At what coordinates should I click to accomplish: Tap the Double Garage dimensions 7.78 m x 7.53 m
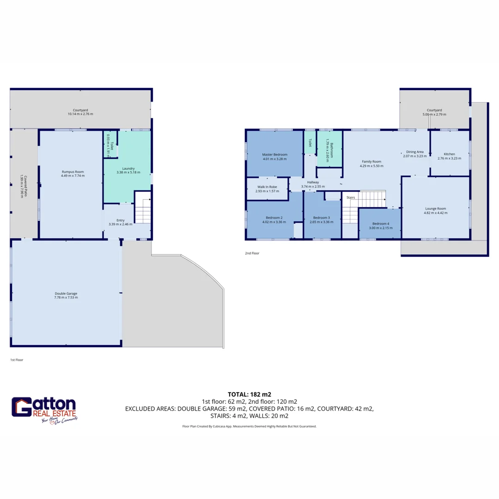coord(66,298)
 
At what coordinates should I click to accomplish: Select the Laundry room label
coord(128,169)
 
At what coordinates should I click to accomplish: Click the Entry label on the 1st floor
coord(121,220)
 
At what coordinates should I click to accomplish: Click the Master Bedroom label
coord(274,154)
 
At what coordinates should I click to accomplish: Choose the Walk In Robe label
coord(267,187)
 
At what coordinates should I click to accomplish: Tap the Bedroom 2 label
coord(274,218)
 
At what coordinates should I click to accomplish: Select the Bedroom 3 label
coord(321,218)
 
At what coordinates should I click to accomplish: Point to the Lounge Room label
coord(435,208)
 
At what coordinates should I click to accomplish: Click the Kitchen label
coord(450,154)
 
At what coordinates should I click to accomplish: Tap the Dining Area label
coord(414,152)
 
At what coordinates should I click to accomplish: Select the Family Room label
coord(371,161)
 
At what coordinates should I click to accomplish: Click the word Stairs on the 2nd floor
coord(351,197)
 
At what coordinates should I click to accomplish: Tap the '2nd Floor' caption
coord(252,253)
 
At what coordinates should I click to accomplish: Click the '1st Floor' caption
coord(17,359)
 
